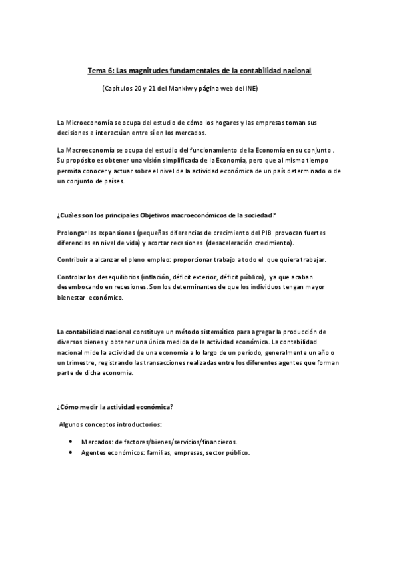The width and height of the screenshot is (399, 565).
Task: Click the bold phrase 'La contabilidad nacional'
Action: click(94, 331)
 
